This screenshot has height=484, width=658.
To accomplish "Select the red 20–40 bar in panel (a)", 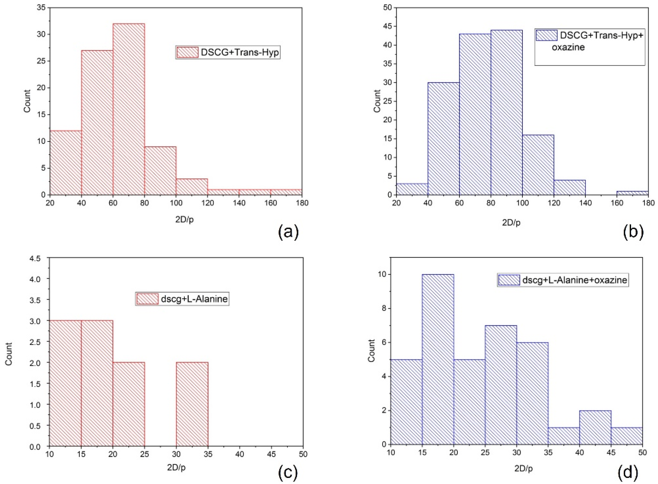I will [x=65, y=163].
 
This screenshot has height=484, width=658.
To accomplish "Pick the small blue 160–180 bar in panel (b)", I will [x=632, y=193].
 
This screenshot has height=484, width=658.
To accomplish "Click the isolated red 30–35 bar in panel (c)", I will [x=192, y=405].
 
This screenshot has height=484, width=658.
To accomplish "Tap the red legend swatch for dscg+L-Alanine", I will [x=148, y=299].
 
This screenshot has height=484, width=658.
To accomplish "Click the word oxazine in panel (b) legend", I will [x=568, y=47].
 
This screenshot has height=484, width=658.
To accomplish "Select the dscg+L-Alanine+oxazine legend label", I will [x=574, y=280].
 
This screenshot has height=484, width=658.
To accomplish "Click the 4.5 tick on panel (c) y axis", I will [x=39, y=258].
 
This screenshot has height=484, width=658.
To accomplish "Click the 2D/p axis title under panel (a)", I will [x=184, y=220].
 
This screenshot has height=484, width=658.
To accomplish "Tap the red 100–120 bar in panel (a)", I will [x=192, y=187].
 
